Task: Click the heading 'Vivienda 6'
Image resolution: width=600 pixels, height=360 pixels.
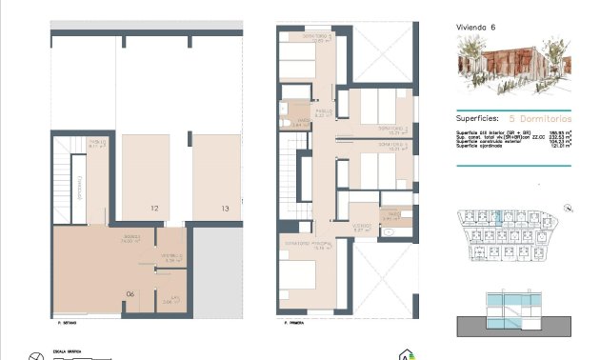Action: point(476,28)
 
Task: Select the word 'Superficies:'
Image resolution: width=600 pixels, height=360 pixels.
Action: point(479,118)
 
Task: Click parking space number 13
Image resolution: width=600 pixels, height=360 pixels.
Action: point(225,208)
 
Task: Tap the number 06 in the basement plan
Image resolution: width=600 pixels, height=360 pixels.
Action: point(130,293)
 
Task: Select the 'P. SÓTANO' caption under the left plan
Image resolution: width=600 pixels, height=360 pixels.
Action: point(66,324)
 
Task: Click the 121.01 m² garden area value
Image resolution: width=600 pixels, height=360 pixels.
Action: point(556,147)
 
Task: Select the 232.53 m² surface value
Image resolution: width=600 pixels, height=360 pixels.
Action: point(556,137)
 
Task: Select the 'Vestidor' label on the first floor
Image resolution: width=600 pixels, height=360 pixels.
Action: point(360,226)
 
